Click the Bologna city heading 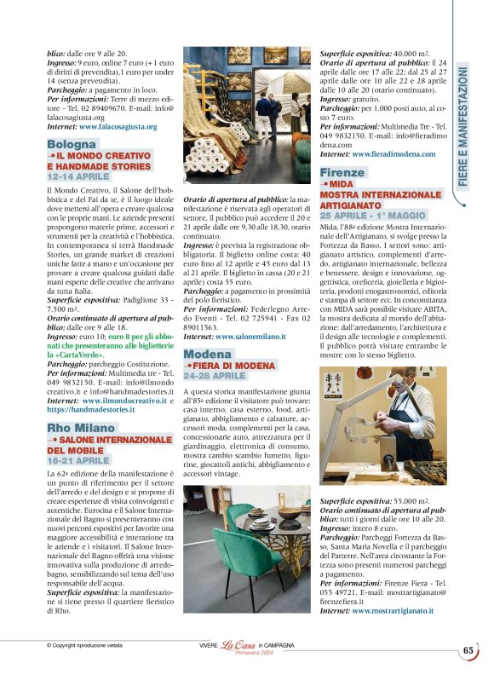[72, 145]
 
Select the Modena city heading [208, 354]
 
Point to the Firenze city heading [342, 172]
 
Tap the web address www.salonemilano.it [251, 337]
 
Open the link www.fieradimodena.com [393, 154]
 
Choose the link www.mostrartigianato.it [393, 610]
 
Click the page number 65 [468, 650]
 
